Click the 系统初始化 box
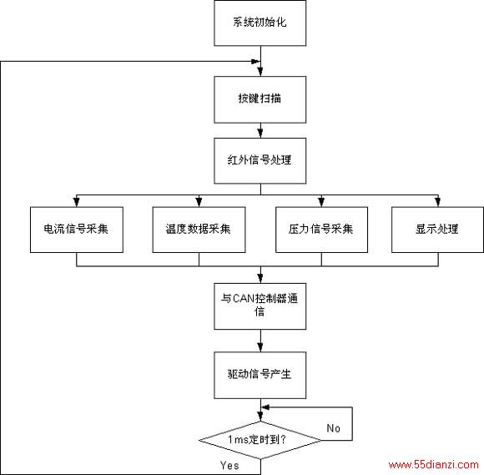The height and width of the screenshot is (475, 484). (260, 23)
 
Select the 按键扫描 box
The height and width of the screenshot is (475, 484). (260, 99)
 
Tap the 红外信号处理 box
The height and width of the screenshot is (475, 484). (260, 160)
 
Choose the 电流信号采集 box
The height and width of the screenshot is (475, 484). (77, 230)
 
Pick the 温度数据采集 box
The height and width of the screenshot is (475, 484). (199, 230)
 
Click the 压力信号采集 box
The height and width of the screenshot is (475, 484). (321, 230)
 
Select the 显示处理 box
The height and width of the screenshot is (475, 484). (437, 230)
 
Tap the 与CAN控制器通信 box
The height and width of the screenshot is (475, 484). (260, 306)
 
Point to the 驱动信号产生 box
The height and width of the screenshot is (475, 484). (260, 375)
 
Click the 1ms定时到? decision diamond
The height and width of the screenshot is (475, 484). (260, 440)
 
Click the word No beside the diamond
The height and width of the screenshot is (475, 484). (333, 428)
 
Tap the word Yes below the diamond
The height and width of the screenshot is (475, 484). (229, 465)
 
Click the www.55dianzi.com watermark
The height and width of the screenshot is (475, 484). (433, 464)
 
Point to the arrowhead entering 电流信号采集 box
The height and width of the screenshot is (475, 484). (77, 202)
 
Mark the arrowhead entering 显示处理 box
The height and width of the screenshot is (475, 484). (438, 202)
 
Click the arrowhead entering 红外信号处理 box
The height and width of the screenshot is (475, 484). (260, 133)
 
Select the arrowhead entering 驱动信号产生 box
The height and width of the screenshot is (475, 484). (260, 347)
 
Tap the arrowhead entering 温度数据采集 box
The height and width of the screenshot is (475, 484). (199, 202)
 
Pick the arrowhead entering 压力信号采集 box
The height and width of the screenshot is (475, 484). (321, 202)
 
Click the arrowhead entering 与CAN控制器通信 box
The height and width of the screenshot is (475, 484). (260, 279)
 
